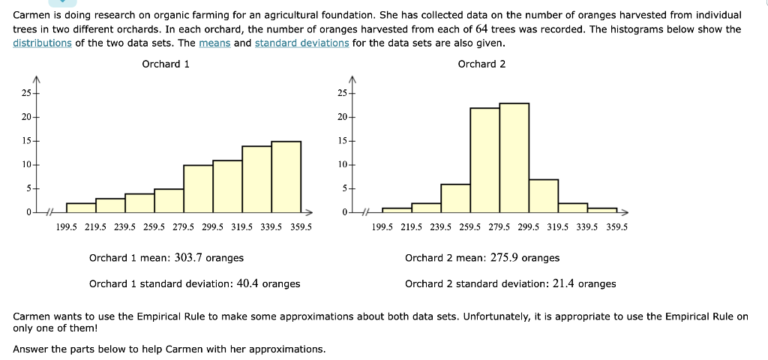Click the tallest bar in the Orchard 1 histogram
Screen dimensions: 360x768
point(286,177)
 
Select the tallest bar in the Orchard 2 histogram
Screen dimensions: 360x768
point(514,158)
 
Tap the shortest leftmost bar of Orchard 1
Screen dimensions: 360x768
point(81,208)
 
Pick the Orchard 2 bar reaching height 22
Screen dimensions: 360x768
point(484,160)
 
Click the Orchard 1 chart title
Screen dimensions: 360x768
point(166,64)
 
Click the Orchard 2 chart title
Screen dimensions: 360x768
point(481,64)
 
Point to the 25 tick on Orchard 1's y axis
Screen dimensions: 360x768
point(26,93)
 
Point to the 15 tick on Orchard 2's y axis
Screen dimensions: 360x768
point(342,141)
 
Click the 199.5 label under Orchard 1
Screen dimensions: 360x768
point(67,226)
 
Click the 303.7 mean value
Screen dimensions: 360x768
point(188,258)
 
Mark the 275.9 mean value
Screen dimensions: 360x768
point(504,258)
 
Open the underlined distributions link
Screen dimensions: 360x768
point(43,43)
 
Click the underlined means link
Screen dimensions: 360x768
point(215,43)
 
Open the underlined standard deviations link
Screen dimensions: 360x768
point(301,43)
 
